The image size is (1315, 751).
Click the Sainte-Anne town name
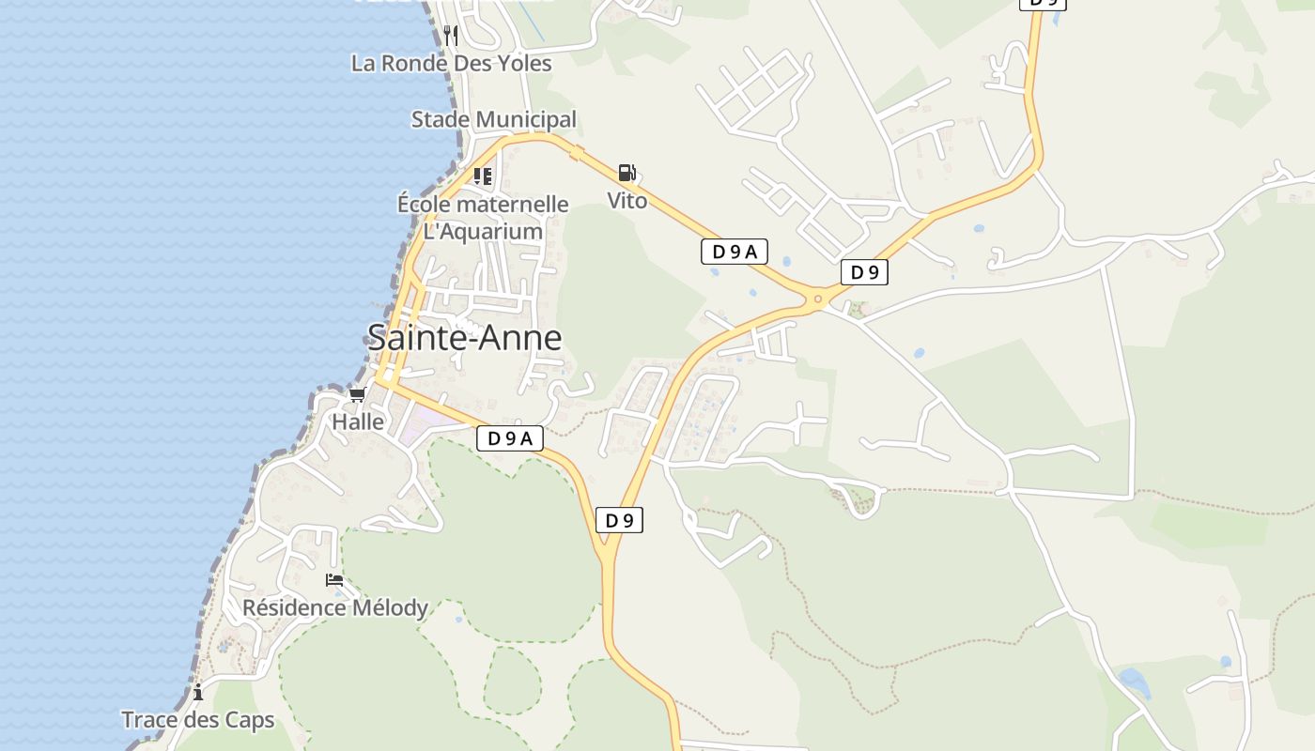(x=464, y=338)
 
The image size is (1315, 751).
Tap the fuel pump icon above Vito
(x=627, y=173)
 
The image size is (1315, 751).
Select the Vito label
(x=627, y=200)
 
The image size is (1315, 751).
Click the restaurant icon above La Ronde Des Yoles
(x=451, y=36)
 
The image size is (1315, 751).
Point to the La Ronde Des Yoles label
(x=451, y=64)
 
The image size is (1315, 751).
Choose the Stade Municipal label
(x=494, y=120)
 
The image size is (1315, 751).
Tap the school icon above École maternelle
(x=483, y=176)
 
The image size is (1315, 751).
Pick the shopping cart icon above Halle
(x=357, y=395)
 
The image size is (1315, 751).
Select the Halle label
(x=358, y=422)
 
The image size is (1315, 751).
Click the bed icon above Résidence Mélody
(x=334, y=580)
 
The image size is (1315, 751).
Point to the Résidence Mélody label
(x=335, y=608)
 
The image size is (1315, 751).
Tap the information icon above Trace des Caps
(x=198, y=693)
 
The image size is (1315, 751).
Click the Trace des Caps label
(x=198, y=721)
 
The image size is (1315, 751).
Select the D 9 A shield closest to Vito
(x=735, y=252)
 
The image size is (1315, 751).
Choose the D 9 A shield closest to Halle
(x=510, y=438)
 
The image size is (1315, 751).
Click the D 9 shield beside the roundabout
(x=864, y=272)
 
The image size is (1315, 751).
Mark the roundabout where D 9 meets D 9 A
(x=819, y=300)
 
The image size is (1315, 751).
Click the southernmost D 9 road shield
(x=619, y=520)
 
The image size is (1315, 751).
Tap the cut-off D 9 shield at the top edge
(x=1043, y=4)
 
